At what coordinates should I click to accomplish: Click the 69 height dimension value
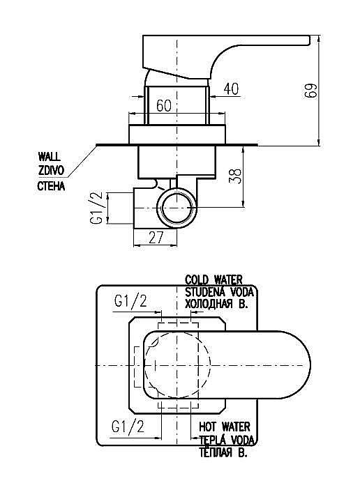coord(310,91)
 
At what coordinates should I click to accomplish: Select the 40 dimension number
coord(231,89)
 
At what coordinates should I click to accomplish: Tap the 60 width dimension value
coord(164,106)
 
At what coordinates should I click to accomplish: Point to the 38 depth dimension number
coord(236,176)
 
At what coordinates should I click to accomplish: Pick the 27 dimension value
coord(156,238)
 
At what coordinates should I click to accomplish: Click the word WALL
coord(49,157)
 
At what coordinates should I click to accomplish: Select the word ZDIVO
coord(51,170)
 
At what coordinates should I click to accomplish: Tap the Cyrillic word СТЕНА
coord(51,186)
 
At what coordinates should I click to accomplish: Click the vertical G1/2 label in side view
coord(96,208)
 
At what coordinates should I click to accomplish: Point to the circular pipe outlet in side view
coord(177,208)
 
